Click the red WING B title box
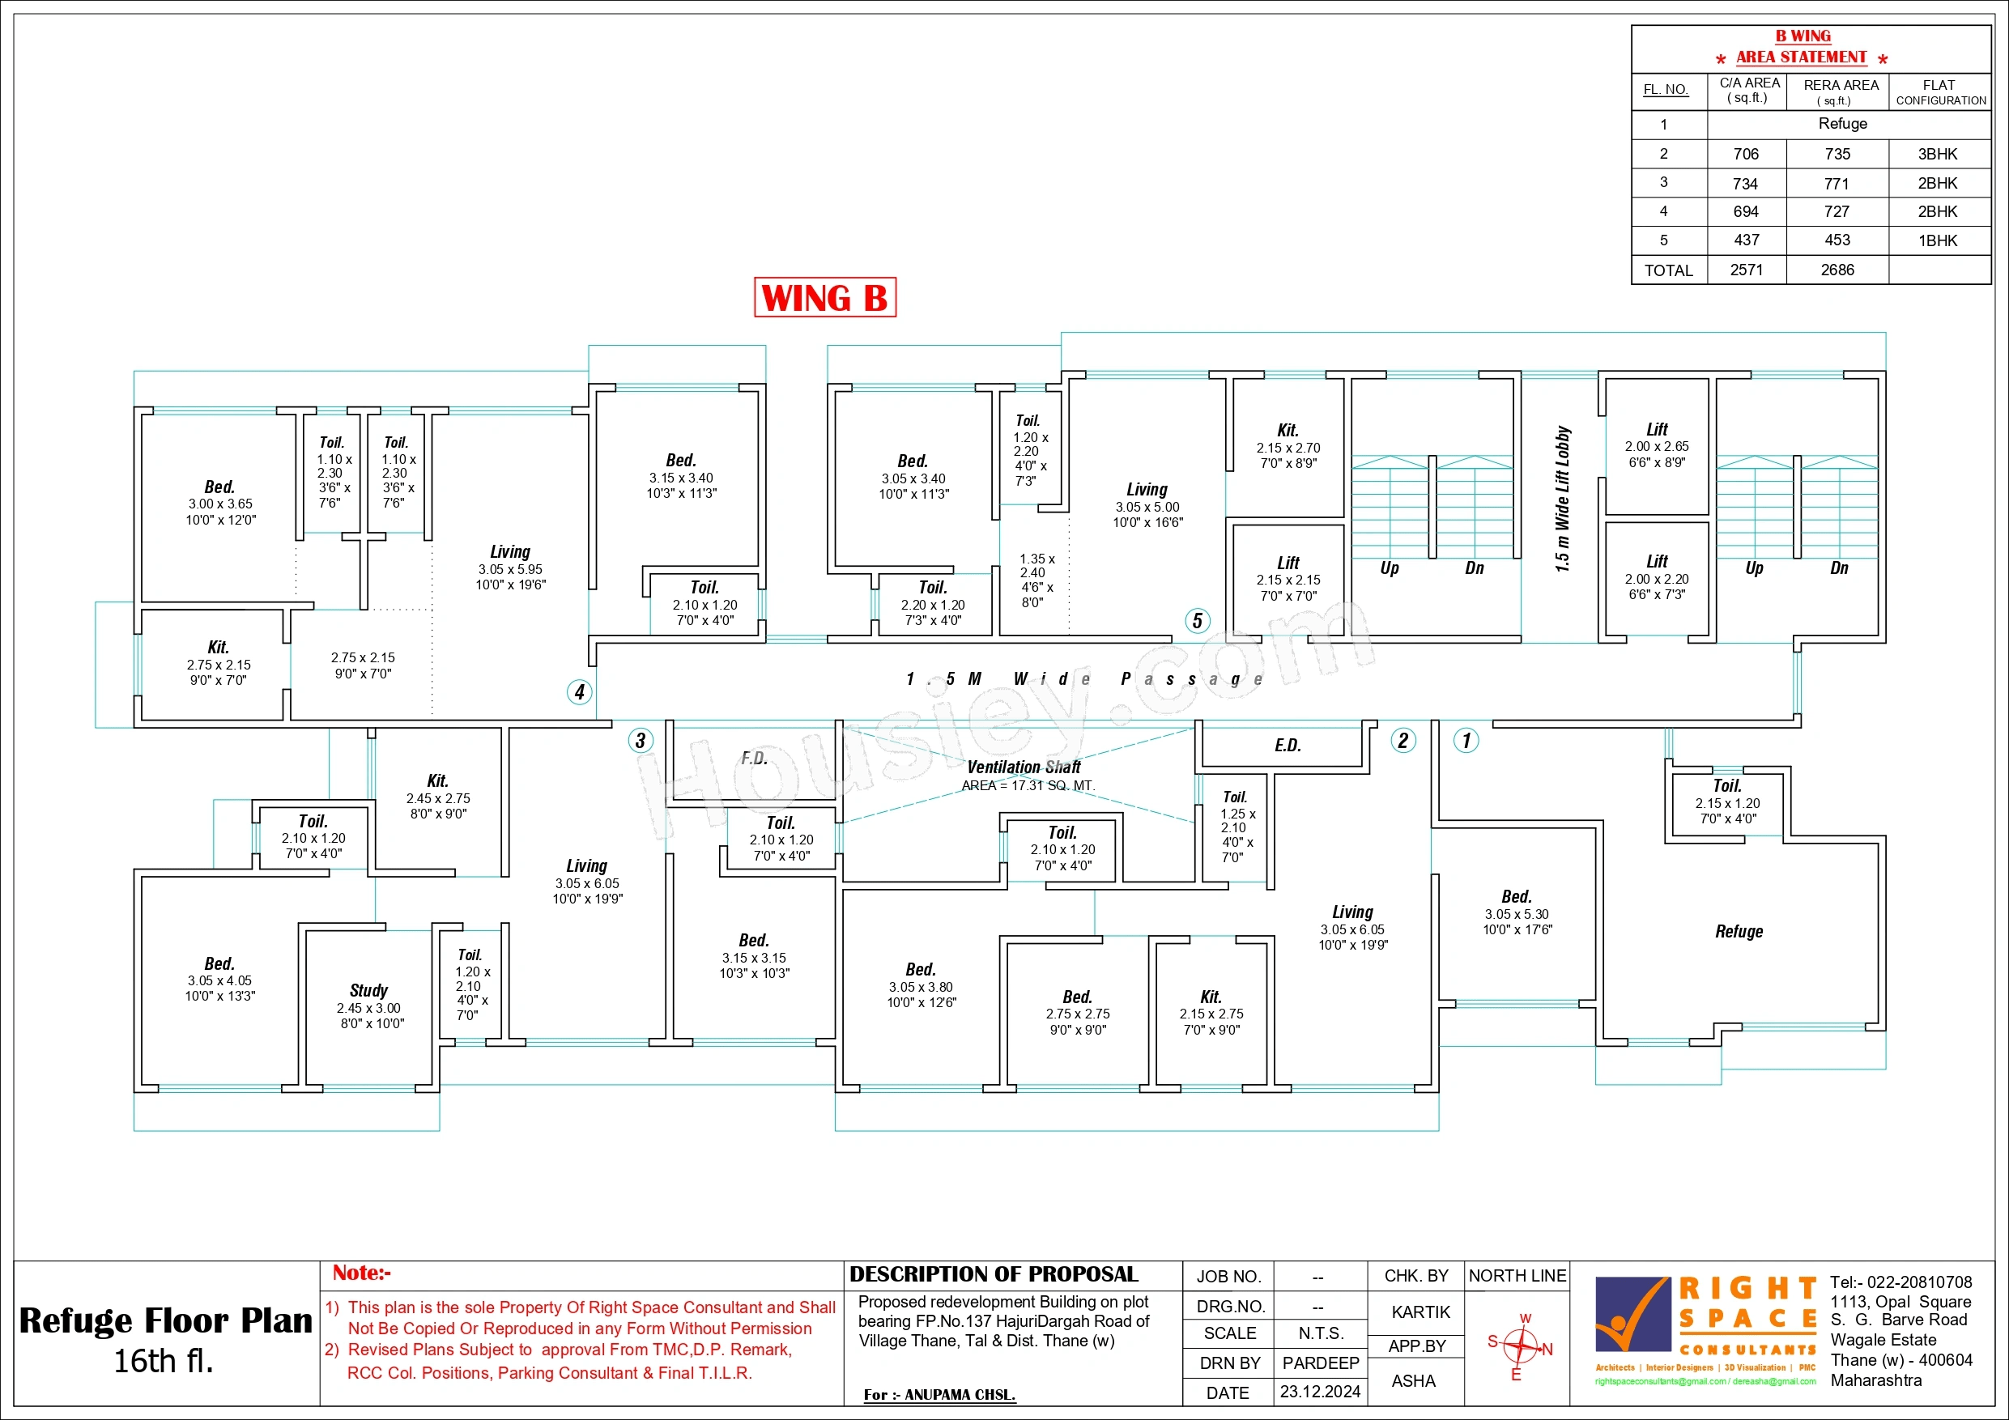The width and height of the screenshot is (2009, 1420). point(825,297)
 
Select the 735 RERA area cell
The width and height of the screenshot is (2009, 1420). point(1837,154)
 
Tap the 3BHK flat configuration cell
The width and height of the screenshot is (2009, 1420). point(1938,154)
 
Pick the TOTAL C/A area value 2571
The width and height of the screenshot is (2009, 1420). point(1747,270)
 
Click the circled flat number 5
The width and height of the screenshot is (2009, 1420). point(1198,621)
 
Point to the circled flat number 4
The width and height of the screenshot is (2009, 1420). point(579,692)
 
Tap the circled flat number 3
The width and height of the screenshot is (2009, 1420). point(641,741)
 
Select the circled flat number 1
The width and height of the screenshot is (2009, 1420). point(1466,740)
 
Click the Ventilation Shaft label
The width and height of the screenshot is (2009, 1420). point(1024,767)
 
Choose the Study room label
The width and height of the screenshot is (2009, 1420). point(368,990)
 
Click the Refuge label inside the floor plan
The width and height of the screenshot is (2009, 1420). point(1739,932)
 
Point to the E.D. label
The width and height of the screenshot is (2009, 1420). point(1288,746)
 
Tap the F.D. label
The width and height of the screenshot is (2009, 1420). point(754,759)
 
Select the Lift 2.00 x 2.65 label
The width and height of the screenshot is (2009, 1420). point(1657,445)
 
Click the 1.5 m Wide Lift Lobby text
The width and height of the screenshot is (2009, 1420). point(1563,500)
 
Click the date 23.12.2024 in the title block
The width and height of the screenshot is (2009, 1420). point(1321,1391)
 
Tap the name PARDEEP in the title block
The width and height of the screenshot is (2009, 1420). point(1321,1363)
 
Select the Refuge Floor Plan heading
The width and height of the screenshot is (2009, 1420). point(165,1321)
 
